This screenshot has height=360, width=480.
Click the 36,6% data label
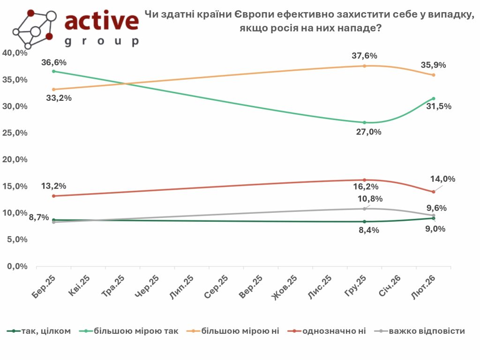pos(54,62)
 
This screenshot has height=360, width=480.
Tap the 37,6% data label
pos(364,56)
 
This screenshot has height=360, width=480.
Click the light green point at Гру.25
pos(364,122)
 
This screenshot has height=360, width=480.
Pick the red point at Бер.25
pos(54,196)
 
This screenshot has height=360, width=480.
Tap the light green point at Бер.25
pos(54,71)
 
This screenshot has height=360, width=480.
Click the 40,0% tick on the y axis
pos(15,53)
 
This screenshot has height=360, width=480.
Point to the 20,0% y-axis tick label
pos(15,160)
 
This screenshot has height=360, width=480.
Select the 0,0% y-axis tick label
pos(17,266)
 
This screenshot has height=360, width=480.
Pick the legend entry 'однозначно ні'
pos(334,331)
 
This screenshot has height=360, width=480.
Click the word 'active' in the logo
pos(101,21)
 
